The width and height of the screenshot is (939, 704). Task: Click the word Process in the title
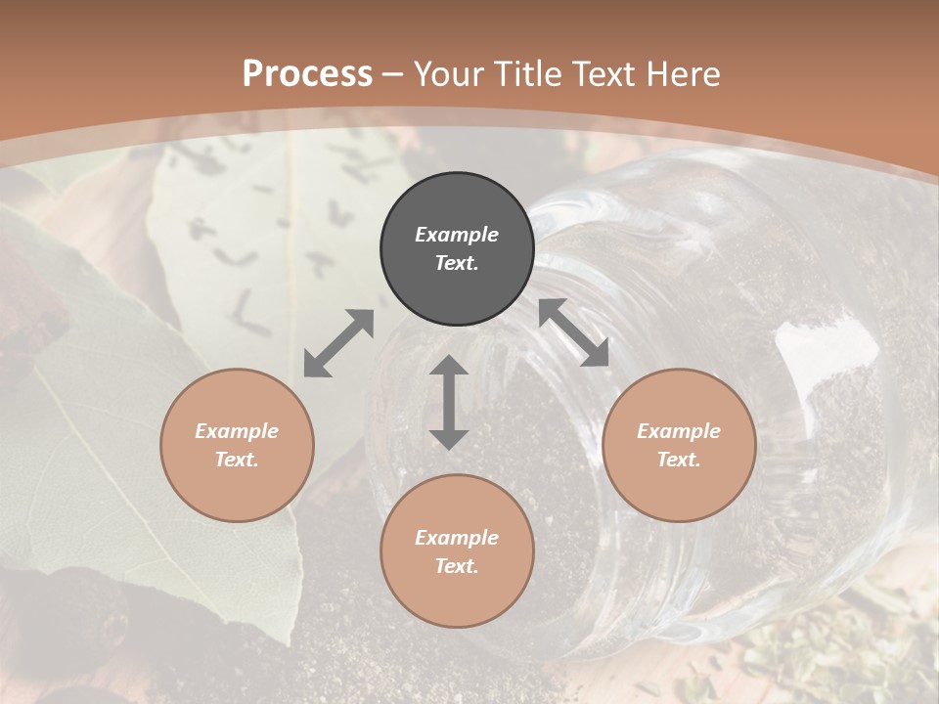coord(307,74)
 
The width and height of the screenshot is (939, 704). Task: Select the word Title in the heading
coord(531,74)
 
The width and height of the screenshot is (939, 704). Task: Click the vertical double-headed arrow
coord(449,402)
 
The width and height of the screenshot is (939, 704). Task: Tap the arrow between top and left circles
coord(338,343)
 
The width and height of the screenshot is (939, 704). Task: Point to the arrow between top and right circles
coord(573,332)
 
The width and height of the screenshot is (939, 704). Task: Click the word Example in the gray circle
coord(457,235)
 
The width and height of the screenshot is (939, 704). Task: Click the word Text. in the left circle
coord(237,460)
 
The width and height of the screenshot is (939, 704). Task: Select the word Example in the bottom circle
coord(457,538)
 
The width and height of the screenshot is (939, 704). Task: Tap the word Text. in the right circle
coord(679,460)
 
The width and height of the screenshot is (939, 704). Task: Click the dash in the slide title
coord(393,74)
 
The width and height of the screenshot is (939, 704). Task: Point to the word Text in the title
coord(603,74)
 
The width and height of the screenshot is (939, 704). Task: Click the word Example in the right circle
coord(679,431)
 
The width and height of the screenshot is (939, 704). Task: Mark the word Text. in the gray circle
coord(457,263)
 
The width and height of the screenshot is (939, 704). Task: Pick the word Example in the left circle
coord(237,431)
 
